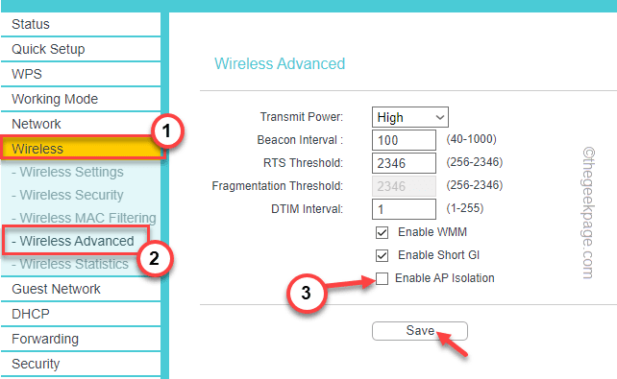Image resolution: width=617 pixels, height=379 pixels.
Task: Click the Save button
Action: coord(420,330)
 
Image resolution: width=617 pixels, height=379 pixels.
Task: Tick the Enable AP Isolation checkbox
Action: coord(382,278)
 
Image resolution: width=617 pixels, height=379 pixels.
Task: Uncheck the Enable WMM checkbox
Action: coord(382,232)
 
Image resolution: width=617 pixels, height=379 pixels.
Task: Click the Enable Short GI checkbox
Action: coord(382,255)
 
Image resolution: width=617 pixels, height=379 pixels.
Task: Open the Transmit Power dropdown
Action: coord(410,117)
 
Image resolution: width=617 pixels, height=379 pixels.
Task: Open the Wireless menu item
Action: coord(38,149)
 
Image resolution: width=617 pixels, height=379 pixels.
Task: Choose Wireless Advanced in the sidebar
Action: coord(76,240)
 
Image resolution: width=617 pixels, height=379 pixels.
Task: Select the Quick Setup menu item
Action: coord(48,49)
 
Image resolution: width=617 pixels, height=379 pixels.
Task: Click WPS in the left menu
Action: coord(27,74)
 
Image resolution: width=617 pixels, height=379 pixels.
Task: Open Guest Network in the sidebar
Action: coord(56,289)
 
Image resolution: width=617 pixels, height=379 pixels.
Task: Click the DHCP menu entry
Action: coord(30,314)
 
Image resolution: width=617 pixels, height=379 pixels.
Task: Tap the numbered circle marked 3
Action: coord(306,296)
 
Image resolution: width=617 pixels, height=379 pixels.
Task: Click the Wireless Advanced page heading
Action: coord(279,64)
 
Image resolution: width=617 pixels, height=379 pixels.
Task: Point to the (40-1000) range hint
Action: coord(472,140)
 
